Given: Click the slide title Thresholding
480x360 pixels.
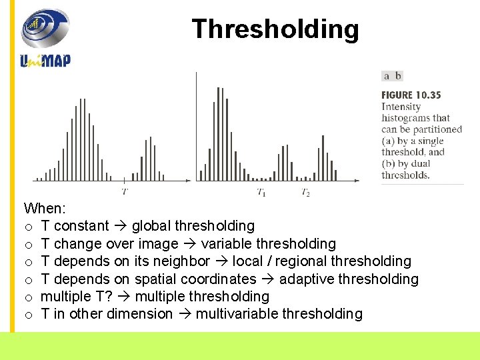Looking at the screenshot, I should tap(275, 29).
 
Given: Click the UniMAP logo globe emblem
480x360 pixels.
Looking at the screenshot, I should tap(45, 29).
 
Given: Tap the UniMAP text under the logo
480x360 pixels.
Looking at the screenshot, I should tap(45, 60).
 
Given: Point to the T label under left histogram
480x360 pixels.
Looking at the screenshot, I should tap(125, 192).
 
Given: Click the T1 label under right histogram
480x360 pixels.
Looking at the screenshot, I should tap(261, 193).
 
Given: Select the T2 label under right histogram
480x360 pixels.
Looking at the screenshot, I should tap(305, 193).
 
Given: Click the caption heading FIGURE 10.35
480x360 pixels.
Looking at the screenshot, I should tap(411, 95).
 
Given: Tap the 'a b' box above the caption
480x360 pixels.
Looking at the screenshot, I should tap(392, 76).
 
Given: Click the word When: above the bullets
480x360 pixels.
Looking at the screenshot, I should tap(43, 209).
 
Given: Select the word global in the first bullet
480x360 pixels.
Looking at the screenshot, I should tap(152, 226).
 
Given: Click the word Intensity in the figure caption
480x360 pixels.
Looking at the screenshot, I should tap(401, 107).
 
